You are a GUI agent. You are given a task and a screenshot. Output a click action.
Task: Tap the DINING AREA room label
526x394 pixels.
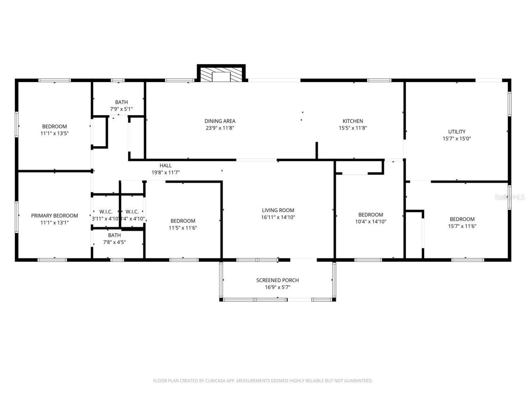coord(220,121)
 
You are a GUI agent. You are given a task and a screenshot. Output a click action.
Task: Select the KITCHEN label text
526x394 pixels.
coord(353,121)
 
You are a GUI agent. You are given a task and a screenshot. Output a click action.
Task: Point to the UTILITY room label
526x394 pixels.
coord(457,132)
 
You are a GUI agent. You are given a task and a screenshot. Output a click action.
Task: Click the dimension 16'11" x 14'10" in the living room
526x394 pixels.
coord(278,218)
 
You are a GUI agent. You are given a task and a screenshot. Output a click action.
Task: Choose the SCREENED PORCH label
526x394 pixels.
coord(277,280)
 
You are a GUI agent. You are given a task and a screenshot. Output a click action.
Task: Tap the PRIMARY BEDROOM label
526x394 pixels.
coord(54,216)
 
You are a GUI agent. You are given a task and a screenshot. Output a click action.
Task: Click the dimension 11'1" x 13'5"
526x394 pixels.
coord(54,133)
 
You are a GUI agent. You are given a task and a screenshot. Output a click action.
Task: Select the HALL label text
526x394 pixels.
coord(166,166)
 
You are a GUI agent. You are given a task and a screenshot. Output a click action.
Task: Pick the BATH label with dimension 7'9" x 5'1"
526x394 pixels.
coord(121,102)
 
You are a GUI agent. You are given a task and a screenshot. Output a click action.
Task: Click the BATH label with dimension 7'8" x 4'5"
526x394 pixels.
coord(114,235)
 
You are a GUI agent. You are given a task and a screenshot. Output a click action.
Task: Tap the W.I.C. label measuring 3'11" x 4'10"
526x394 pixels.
coord(106,212)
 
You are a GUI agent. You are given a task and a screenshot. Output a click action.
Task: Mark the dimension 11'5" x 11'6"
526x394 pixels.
coord(183,228)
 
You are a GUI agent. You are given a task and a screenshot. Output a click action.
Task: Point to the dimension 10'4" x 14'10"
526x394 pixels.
coord(371,222)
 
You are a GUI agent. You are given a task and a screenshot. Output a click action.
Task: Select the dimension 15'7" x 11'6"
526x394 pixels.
coord(462,226)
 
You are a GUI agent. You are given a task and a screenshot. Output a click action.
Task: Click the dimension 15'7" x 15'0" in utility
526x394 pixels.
coord(457,139)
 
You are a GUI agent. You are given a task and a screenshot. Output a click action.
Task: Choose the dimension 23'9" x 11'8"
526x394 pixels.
coord(220,128)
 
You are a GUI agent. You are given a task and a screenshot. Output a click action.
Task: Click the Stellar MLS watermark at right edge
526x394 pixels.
coord(510,197)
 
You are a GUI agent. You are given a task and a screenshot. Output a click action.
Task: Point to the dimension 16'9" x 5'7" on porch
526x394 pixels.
coord(277,287)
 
